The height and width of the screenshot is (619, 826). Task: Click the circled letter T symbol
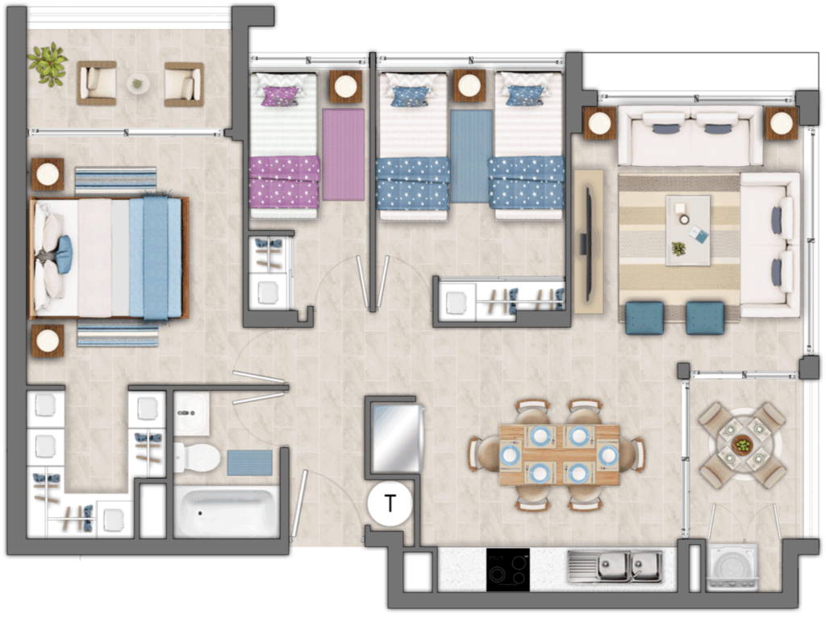(x=390, y=504)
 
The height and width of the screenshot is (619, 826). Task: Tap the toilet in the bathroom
(x=197, y=457)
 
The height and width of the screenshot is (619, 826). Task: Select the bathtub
(x=227, y=512)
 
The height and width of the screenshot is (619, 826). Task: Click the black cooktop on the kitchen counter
(x=508, y=570)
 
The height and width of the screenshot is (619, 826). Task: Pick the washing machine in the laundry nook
(x=732, y=567)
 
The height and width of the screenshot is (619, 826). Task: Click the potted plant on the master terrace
(x=48, y=65)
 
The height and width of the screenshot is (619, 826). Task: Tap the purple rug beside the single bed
(x=344, y=154)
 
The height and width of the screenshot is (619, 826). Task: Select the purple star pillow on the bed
(x=281, y=96)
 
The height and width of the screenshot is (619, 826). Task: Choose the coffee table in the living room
(x=688, y=231)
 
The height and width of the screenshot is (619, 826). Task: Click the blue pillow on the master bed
(x=64, y=255)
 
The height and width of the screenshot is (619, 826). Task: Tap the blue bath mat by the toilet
(x=250, y=463)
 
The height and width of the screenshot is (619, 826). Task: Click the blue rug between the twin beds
(x=471, y=156)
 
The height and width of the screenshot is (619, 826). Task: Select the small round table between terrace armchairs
(x=138, y=83)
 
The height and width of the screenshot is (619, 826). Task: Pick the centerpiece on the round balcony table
(x=743, y=445)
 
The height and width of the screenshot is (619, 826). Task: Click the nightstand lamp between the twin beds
(x=469, y=85)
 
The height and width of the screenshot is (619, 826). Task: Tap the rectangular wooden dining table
(x=559, y=454)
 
